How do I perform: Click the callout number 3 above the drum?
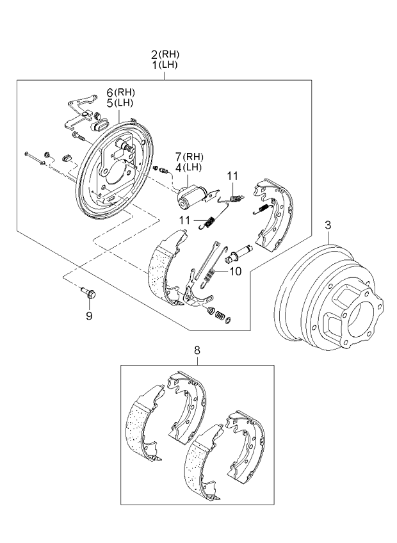coord(327,225)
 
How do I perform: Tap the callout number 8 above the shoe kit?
coord(197,350)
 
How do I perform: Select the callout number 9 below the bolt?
coord(89,315)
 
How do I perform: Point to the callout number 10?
coord(234,271)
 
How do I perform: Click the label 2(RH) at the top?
coord(164,55)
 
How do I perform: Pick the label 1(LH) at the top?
coord(164,65)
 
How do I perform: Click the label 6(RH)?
coord(117,93)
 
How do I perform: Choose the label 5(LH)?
coord(117,102)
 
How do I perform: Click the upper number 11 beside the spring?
coord(232,175)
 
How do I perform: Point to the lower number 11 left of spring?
coord(185,220)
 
